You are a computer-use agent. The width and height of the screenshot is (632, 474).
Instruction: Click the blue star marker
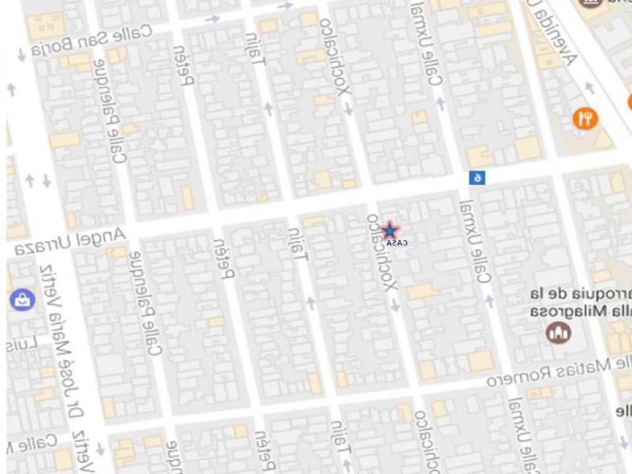pos(389,231)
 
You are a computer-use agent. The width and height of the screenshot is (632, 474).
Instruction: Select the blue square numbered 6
pos(477,177)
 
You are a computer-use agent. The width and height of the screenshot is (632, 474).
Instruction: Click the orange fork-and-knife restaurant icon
pos(585,118)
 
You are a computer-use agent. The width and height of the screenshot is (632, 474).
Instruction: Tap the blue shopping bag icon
pos(22,300)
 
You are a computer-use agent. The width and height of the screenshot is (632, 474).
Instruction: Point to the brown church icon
pos(558,332)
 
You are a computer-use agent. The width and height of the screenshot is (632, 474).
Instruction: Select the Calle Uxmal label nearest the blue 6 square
pos(477,243)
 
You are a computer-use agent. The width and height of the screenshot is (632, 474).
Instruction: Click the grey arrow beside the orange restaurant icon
pos(590,87)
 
